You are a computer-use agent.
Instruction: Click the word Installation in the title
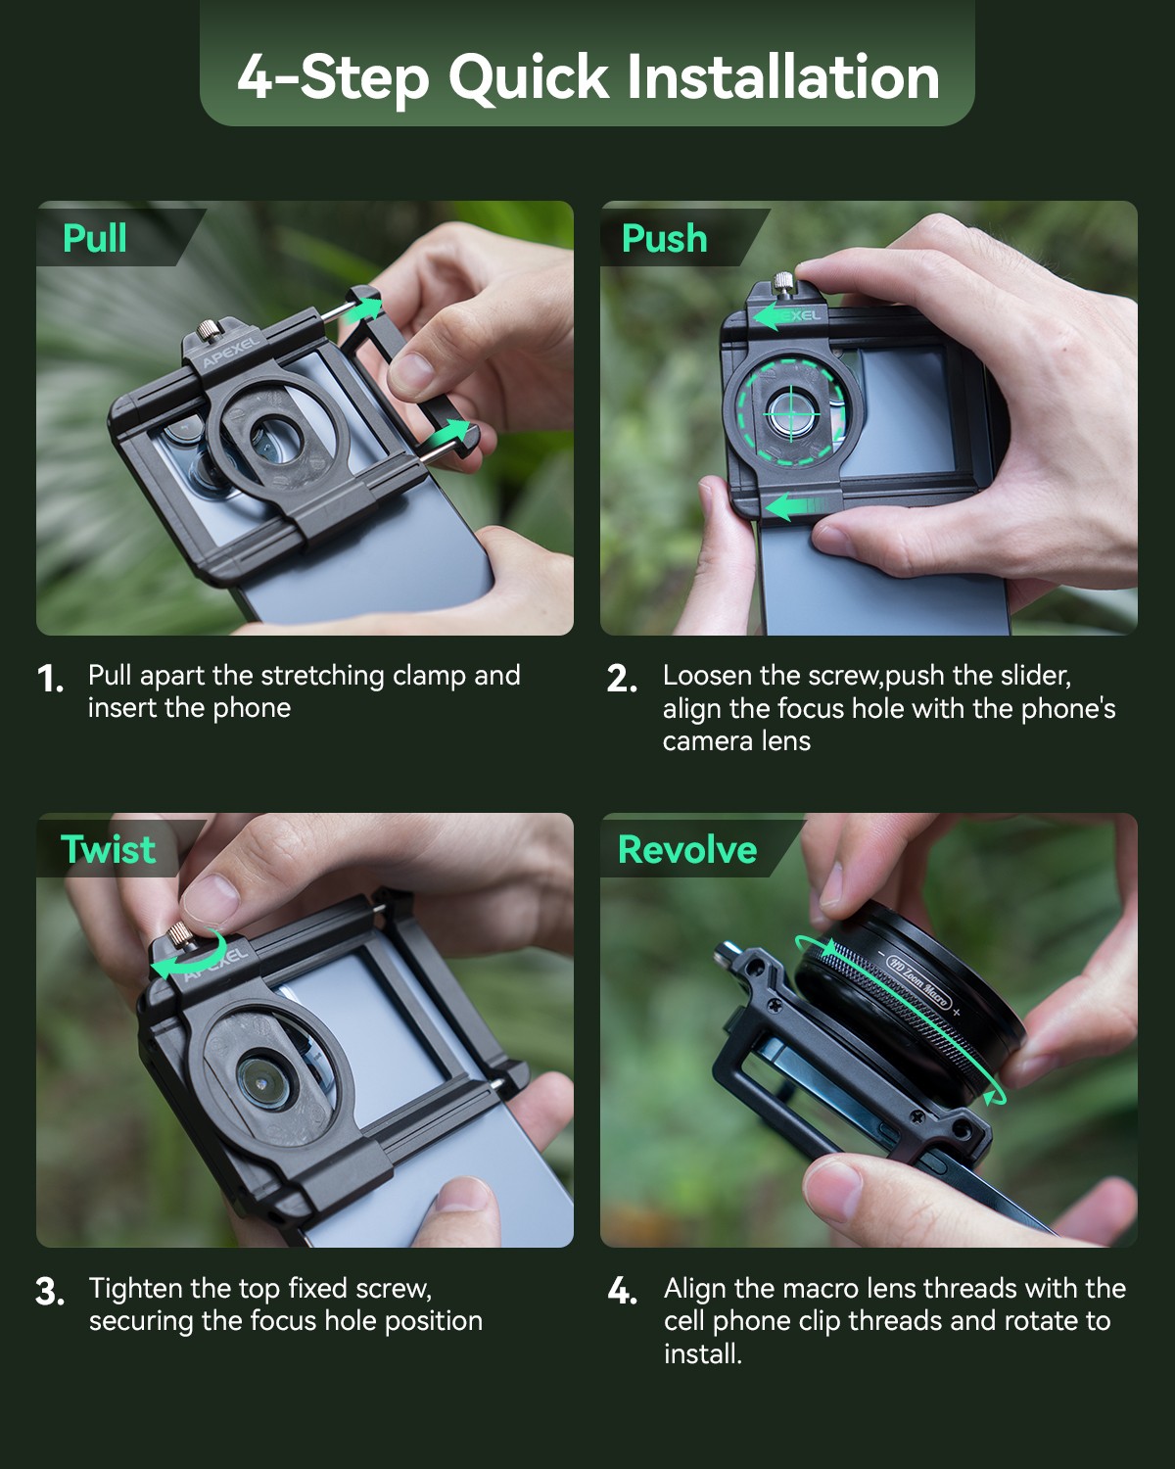(x=782, y=76)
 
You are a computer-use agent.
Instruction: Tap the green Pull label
(x=95, y=238)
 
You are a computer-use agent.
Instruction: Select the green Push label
(x=664, y=238)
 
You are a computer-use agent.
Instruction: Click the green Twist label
(x=108, y=848)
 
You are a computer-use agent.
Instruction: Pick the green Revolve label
(x=687, y=849)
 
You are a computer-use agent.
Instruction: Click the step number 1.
(x=50, y=679)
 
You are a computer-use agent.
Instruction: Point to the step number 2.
(x=622, y=679)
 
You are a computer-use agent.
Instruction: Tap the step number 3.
(x=51, y=1292)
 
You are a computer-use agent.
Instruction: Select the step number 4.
(x=622, y=1292)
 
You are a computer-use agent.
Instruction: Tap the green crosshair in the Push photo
(x=792, y=413)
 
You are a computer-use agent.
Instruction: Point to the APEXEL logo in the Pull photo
(x=231, y=351)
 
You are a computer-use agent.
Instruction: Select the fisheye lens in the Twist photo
(x=266, y=1082)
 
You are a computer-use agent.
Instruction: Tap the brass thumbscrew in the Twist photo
(x=181, y=932)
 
